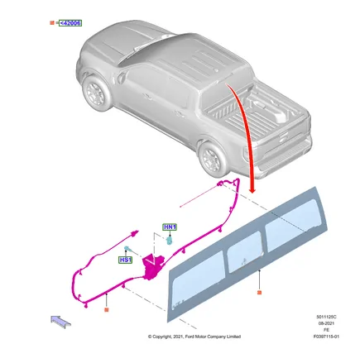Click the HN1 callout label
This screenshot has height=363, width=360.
(170, 227)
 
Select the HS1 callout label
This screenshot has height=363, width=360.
(125, 260)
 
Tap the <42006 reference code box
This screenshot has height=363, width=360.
(70, 23)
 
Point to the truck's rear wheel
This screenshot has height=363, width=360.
(213, 160)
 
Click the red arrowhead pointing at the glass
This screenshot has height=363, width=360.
(252, 190)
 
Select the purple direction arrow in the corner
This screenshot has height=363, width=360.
(61, 322)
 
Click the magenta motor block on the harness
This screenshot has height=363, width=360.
(152, 267)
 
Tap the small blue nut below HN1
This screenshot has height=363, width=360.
(170, 240)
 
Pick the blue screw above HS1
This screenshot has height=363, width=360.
(127, 248)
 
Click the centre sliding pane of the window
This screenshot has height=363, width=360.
(244, 251)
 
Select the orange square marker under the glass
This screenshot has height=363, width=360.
(259, 293)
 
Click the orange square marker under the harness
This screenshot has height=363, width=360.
(107, 310)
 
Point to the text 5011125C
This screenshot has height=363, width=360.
(326, 317)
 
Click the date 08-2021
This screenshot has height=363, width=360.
(326, 323)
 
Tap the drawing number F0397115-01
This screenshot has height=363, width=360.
(326, 337)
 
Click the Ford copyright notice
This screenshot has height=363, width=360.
(194, 337)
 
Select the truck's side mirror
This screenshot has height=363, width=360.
(121, 77)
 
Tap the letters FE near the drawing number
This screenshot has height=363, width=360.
(326, 330)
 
